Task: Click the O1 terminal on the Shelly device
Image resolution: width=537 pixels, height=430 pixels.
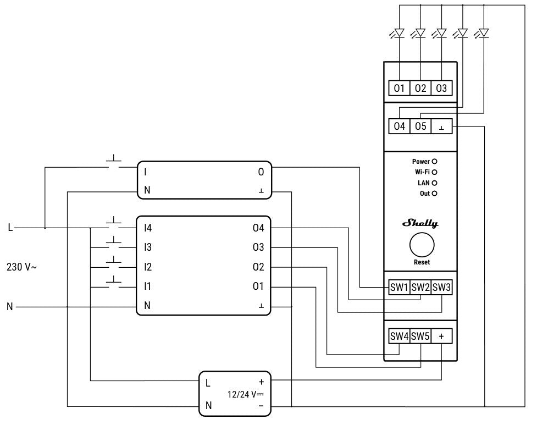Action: (400, 88)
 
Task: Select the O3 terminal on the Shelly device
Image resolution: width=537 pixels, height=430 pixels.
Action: (441, 88)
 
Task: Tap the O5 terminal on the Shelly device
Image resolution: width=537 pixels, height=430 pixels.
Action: (420, 126)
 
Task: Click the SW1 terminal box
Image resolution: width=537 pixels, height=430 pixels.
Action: (400, 287)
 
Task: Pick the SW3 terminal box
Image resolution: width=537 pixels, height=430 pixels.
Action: (441, 287)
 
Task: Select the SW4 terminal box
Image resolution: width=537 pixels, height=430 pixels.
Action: (400, 335)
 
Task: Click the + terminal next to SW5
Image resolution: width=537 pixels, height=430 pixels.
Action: (441, 335)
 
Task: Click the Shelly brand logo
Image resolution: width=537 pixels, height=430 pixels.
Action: (420, 223)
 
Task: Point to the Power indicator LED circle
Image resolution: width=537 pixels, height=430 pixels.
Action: (434, 162)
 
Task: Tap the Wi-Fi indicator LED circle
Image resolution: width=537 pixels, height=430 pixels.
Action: (434, 173)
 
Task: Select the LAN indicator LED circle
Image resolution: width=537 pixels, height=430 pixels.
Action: (434, 183)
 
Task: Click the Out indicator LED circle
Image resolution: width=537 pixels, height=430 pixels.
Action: (434, 194)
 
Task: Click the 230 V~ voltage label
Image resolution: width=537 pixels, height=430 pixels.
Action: (21, 267)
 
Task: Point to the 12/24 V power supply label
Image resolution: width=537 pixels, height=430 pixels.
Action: (246, 394)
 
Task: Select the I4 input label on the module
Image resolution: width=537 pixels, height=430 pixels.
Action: (147, 227)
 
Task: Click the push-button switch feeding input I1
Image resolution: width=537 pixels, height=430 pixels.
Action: (114, 283)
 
